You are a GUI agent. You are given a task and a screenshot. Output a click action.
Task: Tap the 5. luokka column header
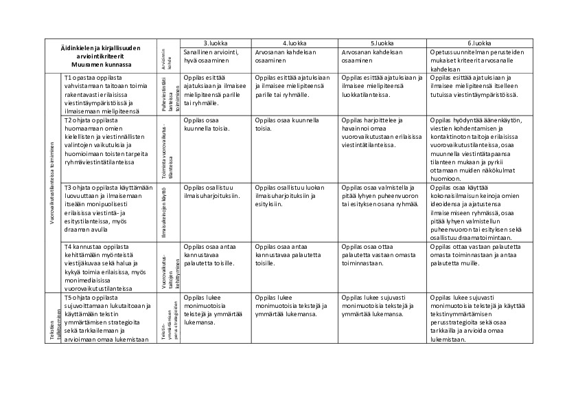click(x=382, y=43)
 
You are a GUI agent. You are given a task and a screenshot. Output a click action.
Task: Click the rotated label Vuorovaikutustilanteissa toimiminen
click(x=52, y=182)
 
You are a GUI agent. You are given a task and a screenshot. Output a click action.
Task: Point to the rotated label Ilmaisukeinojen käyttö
click(x=164, y=211)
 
